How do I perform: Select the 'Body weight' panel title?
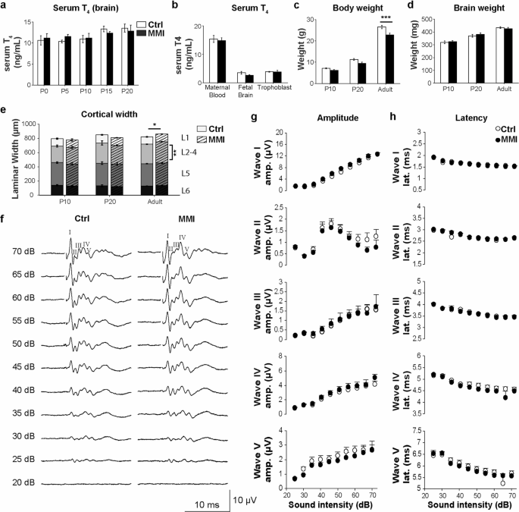point(331,7)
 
